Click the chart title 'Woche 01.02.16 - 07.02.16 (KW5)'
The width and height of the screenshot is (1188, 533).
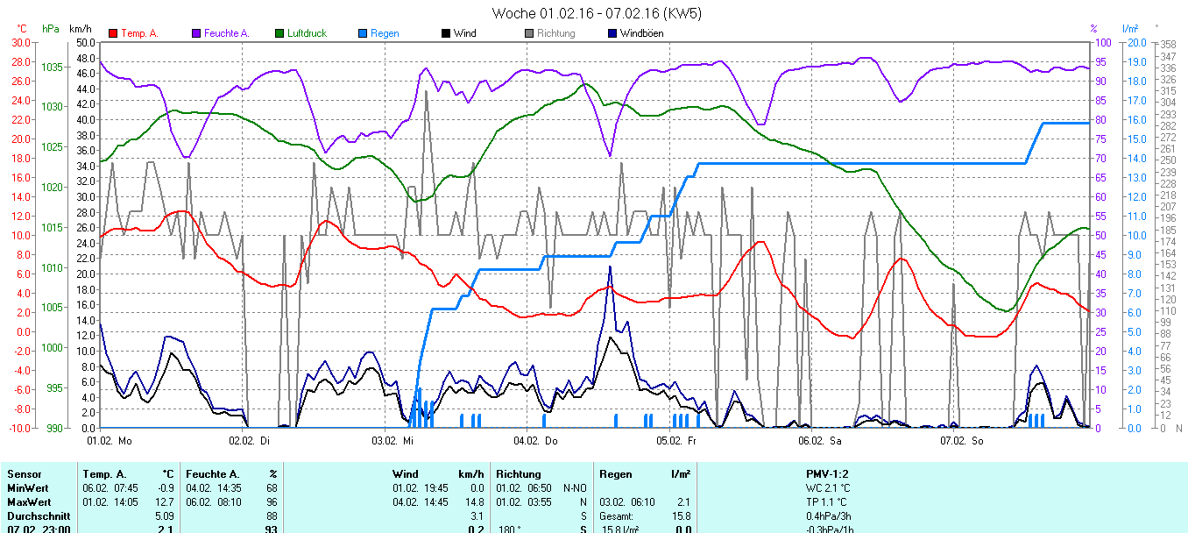click(596, 13)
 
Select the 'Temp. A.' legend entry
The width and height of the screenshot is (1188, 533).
click(139, 33)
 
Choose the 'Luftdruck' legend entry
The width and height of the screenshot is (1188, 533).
click(307, 33)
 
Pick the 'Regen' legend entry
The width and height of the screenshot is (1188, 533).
click(385, 33)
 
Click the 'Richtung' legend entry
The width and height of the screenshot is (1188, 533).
click(555, 33)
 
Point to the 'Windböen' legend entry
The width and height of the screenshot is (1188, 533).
click(640, 33)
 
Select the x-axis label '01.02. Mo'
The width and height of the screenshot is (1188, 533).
click(115, 441)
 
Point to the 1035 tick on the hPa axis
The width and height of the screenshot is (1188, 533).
click(52, 67)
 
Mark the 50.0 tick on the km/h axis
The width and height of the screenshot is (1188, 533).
click(85, 42)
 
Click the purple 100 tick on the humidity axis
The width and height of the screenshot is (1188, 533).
click(1104, 42)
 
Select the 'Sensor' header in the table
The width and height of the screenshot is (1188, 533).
click(24, 474)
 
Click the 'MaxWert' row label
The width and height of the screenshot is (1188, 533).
click(28, 501)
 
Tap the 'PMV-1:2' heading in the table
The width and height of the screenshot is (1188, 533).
click(827, 474)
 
